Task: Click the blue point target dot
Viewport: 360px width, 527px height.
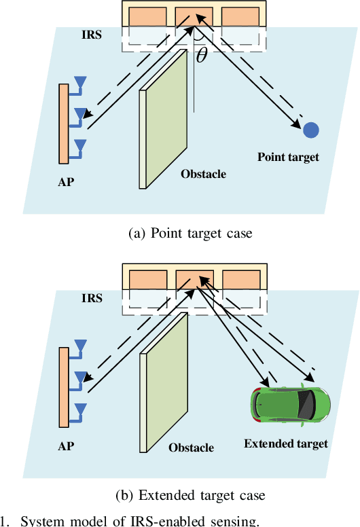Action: (x=311, y=129)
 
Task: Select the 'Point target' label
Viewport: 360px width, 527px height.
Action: (x=288, y=157)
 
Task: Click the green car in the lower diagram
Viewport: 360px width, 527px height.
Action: (x=291, y=403)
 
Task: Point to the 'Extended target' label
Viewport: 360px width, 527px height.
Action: (x=286, y=443)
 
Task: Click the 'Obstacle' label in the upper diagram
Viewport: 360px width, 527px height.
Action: (x=203, y=174)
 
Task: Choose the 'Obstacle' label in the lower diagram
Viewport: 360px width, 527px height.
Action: (x=191, y=448)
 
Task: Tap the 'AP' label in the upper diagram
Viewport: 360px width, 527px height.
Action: (x=67, y=183)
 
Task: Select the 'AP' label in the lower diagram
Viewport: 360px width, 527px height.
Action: (x=66, y=447)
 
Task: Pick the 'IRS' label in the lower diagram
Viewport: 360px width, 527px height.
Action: (x=92, y=297)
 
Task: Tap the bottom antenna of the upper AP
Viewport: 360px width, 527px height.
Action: (x=80, y=145)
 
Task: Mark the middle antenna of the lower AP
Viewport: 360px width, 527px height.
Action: (x=80, y=378)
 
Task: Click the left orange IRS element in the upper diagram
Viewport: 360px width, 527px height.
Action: (x=146, y=16)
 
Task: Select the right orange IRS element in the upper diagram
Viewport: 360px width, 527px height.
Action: (x=240, y=16)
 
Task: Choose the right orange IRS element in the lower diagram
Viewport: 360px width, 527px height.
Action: (x=240, y=280)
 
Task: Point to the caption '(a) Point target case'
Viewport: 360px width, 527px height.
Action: (x=190, y=233)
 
